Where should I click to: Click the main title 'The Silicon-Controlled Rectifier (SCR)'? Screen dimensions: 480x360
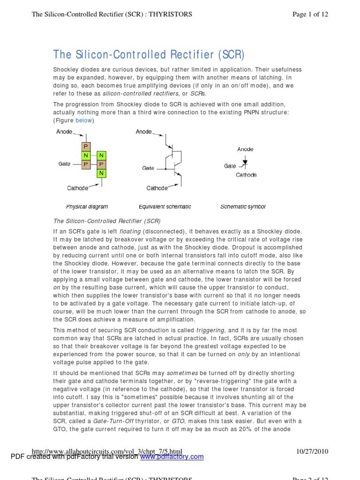(149, 54)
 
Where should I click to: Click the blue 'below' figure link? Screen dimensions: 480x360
(84, 120)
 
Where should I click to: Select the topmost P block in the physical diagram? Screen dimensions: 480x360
(86, 147)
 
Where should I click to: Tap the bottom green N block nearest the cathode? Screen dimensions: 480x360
(102, 173)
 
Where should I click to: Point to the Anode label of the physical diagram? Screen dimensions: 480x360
(64, 132)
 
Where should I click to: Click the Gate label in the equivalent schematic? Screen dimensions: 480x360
(148, 168)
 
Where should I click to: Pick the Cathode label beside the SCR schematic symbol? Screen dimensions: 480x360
(246, 175)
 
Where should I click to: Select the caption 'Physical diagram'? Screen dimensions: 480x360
(87, 207)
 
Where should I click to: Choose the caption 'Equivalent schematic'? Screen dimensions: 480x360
(165, 207)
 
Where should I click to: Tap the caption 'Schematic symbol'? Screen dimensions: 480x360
(243, 207)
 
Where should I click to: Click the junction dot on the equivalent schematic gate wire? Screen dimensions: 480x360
(165, 168)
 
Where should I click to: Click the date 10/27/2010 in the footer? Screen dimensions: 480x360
(312, 451)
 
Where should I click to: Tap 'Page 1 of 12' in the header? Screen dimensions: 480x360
(310, 15)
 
